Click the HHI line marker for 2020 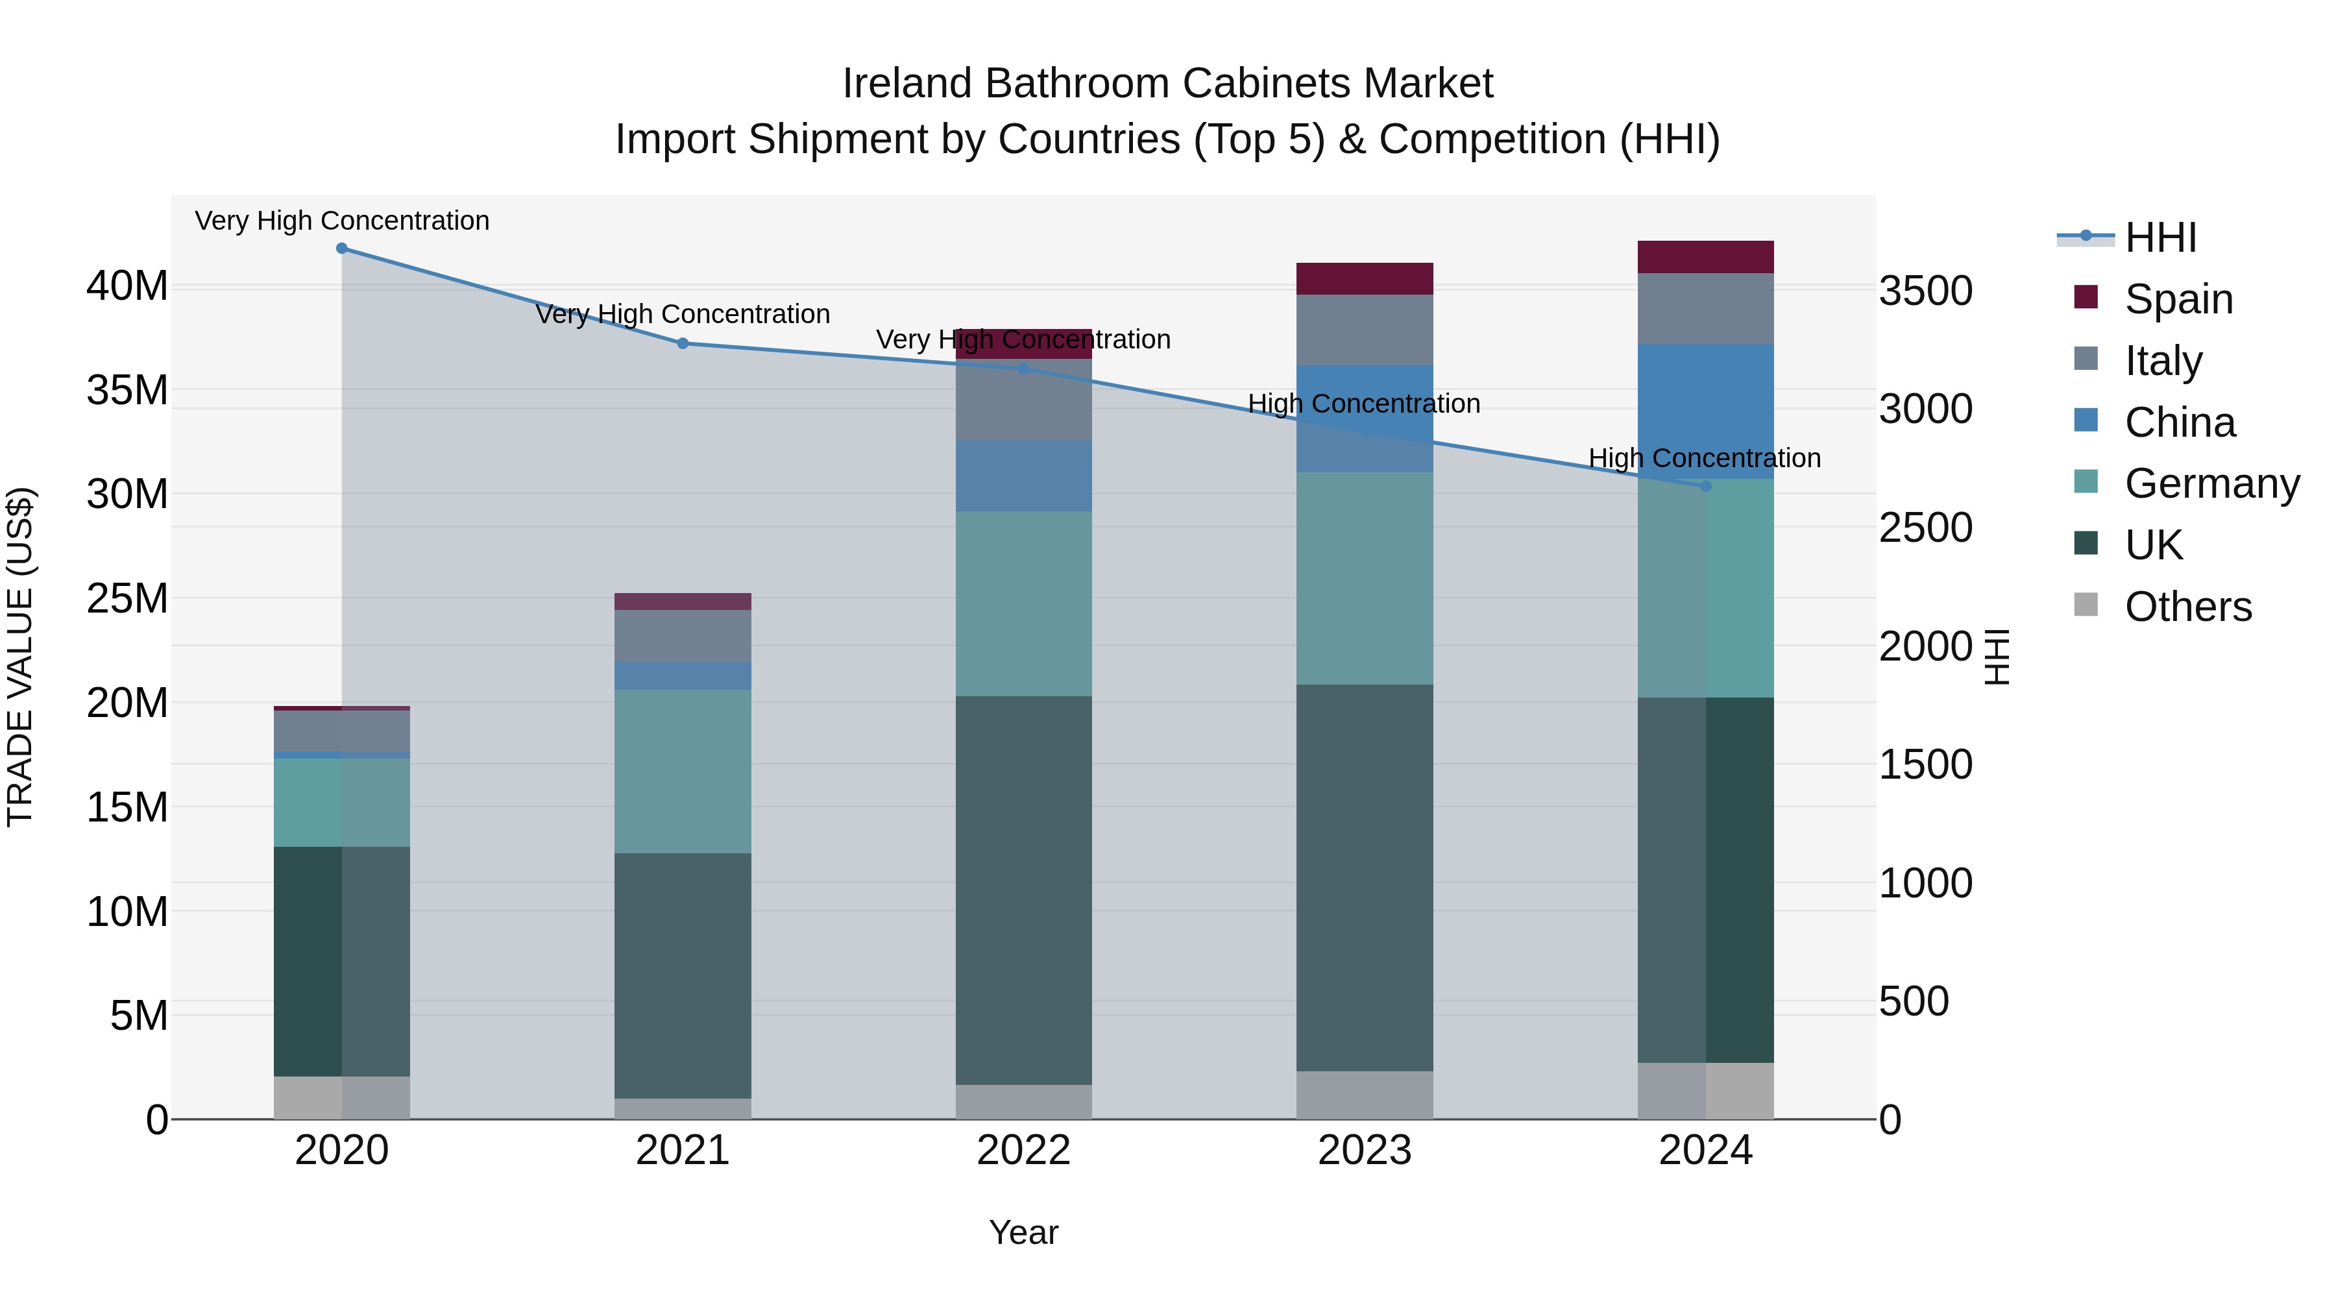(342, 249)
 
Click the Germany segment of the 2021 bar (683, 771)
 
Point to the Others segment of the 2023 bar (1364, 1095)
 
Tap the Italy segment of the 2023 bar (1364, 330)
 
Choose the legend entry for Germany (2211, 483)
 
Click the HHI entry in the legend (2159, 237)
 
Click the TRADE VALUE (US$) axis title (20, 657)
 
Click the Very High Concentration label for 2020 (342, 221)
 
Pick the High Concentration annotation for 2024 (1704, 458)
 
